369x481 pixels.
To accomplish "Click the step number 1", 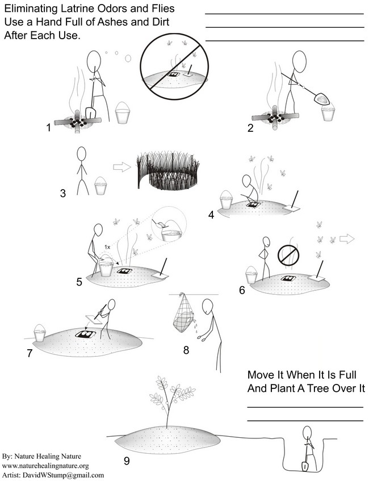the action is [48, 127].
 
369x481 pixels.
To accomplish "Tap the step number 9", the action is [127, 461].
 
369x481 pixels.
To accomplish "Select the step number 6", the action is [242, 290].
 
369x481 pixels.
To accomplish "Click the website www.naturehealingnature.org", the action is [45, 466].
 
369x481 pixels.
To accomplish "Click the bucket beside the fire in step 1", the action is [123, 113].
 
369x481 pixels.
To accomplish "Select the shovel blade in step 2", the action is [321, 99].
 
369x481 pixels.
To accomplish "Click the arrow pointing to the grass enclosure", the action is [122, 167].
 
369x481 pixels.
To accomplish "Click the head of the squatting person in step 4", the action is [246, 181].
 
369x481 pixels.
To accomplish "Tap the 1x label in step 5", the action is [107, 246].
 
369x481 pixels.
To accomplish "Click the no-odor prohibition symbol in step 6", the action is [288, 255].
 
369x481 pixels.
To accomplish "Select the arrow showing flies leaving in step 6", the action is [347, 239].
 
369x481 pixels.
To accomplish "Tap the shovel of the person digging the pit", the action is [305, 466].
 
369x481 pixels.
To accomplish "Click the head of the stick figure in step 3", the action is [81, 154].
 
